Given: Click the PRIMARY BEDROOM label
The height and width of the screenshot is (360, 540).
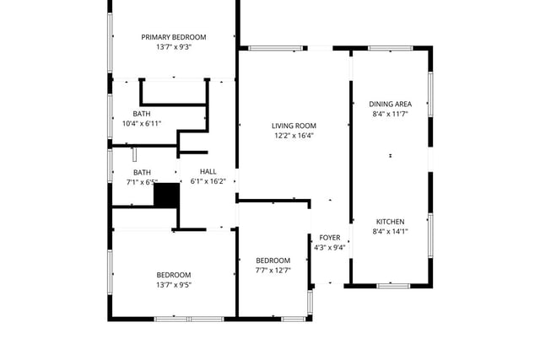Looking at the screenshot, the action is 174,37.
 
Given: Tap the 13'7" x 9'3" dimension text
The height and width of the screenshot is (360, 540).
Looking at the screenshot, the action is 174,47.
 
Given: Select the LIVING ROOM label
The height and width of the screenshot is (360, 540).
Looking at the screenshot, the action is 294,126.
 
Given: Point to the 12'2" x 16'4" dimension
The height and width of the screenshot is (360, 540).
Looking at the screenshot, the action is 294,136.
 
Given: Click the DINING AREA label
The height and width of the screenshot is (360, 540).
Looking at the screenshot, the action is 390,104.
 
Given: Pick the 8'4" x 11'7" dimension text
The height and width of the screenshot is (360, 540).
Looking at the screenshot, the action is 390,114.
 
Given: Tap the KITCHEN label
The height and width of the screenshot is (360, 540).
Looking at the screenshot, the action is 390,222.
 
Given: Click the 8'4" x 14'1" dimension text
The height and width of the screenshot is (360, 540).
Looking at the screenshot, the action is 390,231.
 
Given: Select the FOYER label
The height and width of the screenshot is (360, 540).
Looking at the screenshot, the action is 330,238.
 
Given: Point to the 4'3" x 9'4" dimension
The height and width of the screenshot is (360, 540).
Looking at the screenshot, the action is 330,247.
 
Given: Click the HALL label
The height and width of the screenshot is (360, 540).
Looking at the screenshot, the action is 208,171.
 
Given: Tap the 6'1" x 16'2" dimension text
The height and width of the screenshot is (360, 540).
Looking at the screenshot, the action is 208,181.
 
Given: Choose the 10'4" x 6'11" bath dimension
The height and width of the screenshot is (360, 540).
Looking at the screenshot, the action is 142,123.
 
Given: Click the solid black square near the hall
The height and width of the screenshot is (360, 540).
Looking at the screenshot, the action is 167,195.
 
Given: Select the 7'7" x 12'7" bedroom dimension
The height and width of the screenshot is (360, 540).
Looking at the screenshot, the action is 273,270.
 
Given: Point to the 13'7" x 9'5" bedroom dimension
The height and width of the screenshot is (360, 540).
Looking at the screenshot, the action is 174,285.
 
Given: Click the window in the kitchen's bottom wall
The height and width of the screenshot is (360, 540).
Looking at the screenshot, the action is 394,286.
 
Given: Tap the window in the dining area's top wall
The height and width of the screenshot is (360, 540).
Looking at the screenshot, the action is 390,48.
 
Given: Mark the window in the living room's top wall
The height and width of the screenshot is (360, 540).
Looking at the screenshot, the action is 276,48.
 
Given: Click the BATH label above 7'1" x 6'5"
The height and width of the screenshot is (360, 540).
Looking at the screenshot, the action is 142,172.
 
